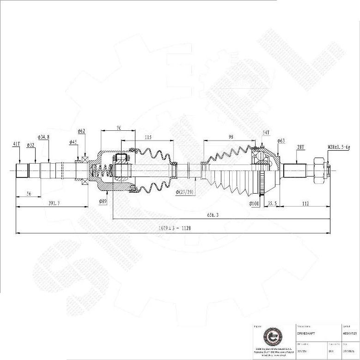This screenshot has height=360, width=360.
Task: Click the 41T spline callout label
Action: [16, 144]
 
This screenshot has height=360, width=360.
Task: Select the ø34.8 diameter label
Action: [43, 137]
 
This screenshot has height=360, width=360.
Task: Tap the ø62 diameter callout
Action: [81, 131]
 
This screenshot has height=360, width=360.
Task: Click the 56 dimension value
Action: [28, 194]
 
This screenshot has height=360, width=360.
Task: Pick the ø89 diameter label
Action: [103, 201]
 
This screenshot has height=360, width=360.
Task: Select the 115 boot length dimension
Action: [148, 137]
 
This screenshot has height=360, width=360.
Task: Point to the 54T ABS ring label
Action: [266, 133]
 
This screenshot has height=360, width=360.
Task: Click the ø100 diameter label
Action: [254, 203]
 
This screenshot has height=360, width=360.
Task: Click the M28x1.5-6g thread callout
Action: [339, 147]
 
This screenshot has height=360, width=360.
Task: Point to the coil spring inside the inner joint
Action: [101, 172]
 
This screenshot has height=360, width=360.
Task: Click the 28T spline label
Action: [300, 147]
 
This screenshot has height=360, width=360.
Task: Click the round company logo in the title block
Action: [271, 336]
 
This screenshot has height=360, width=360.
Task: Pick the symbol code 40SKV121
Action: [349, 332]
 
